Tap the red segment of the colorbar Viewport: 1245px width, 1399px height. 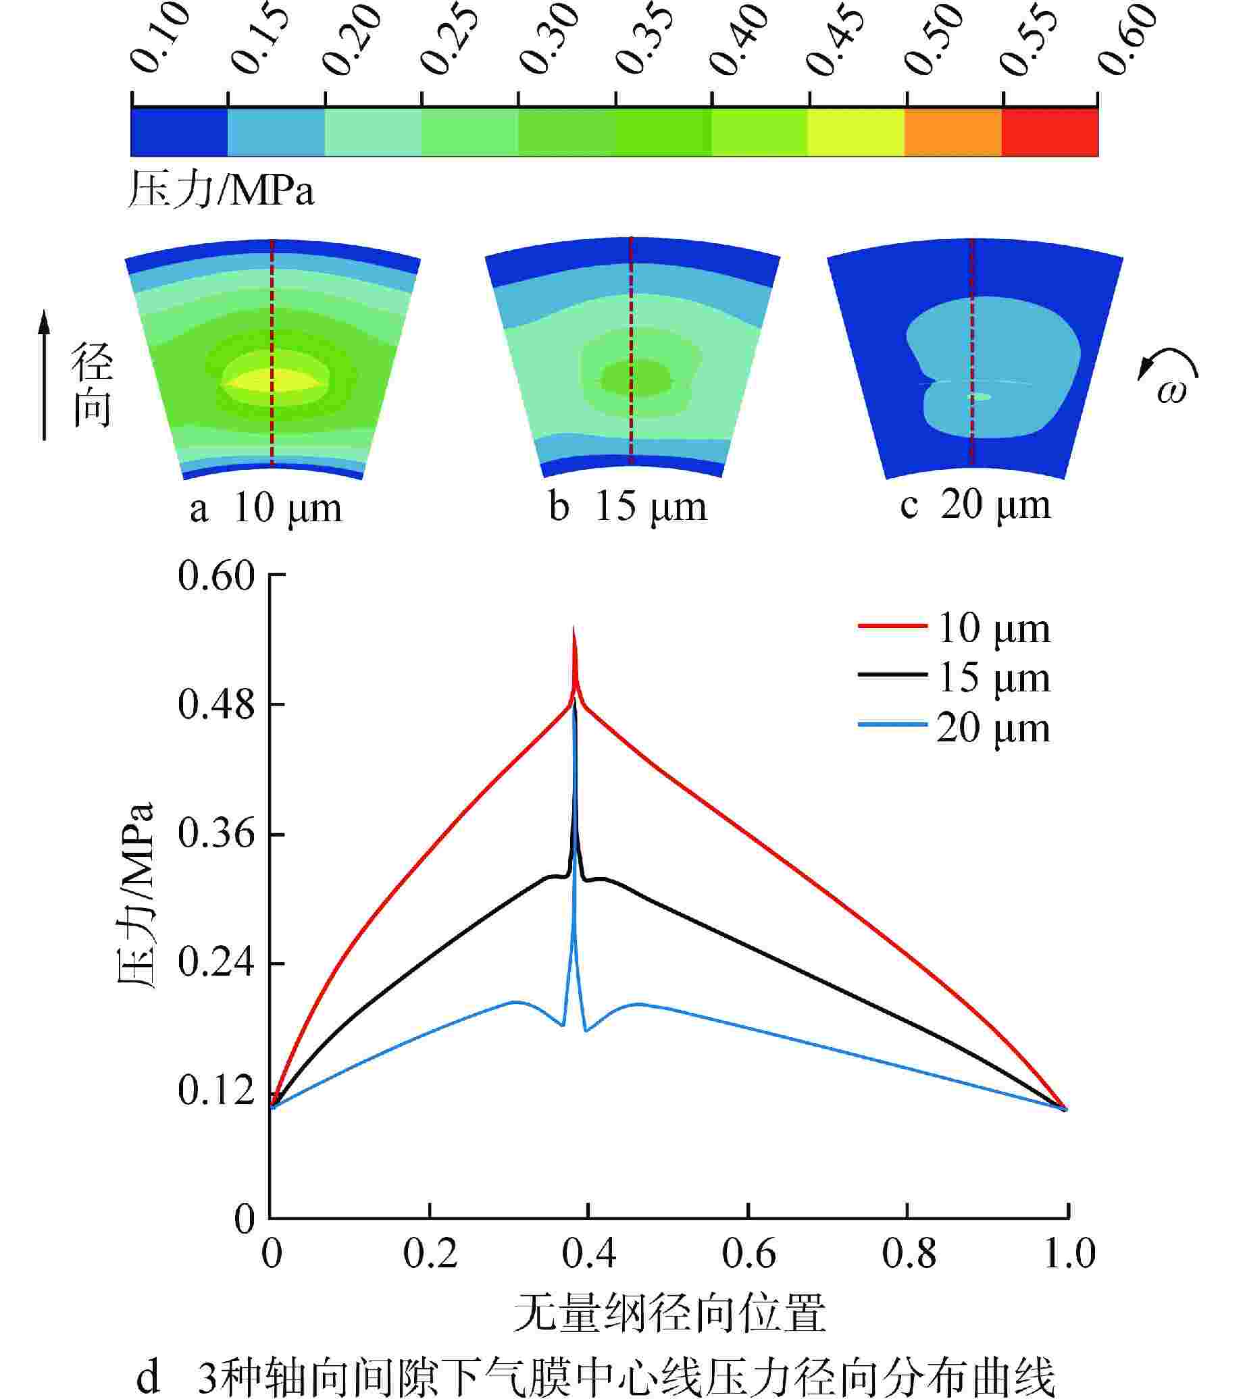tap(1049, 132)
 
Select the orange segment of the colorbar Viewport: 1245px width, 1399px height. tap(952, 132)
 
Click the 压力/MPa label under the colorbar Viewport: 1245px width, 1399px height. tap(220, 190)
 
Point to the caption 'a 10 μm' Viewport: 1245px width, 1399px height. tap(265, 508)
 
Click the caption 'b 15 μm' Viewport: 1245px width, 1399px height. tap(628, 507)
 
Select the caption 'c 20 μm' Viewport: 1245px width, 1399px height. tap(975, 506)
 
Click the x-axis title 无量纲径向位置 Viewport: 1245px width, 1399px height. tap(669, 1311)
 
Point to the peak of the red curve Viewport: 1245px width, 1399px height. tap(574, 629)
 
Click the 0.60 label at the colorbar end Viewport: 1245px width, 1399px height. tap(1129, 40)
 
